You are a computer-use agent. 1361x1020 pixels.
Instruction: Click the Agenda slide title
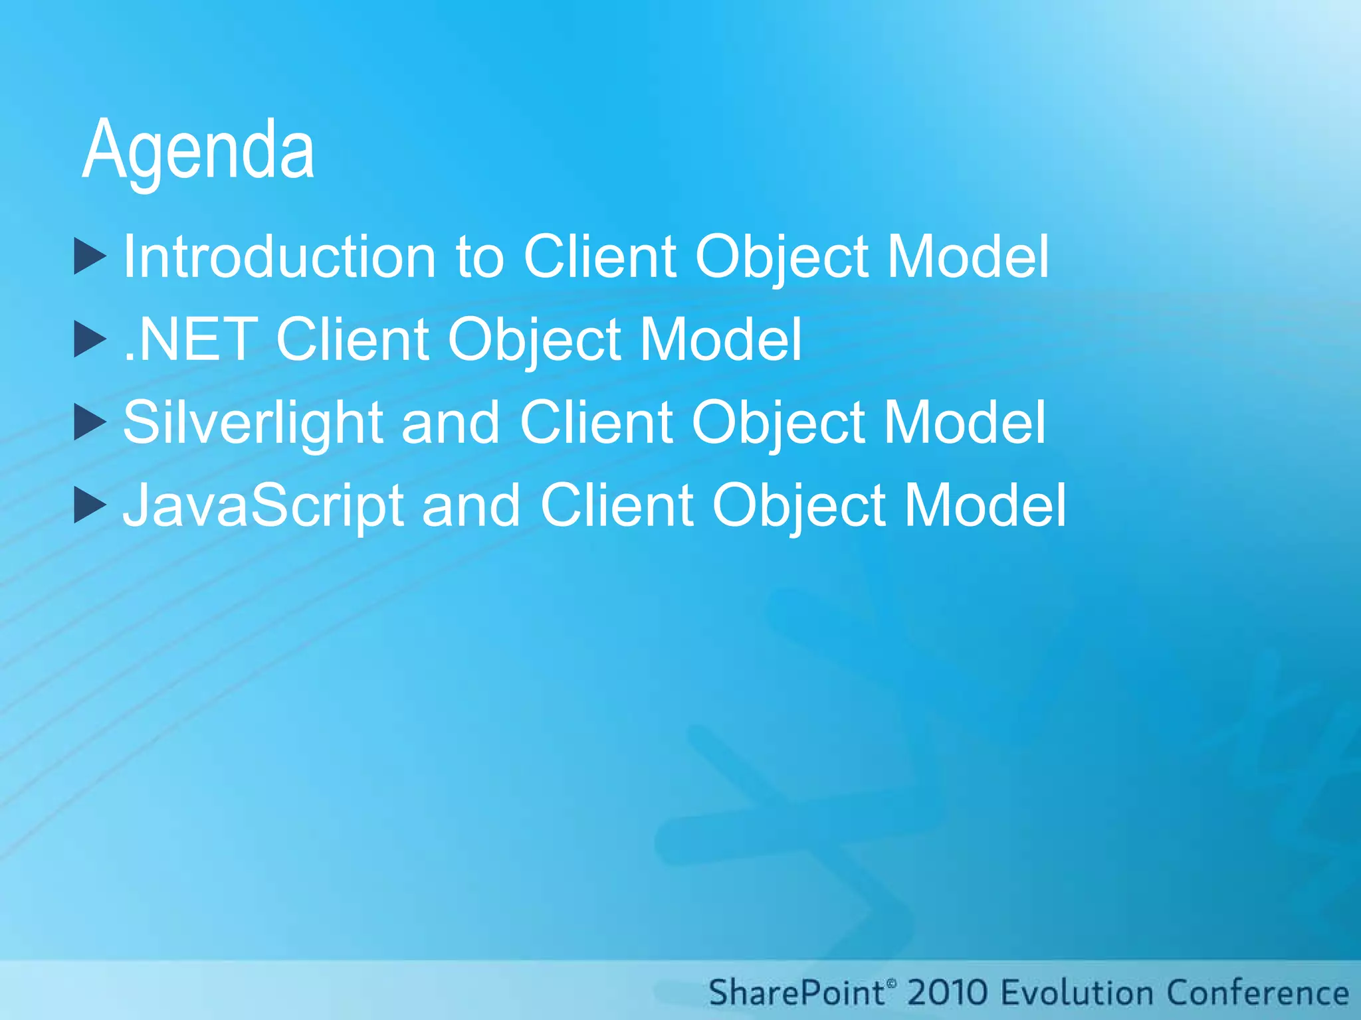[198, 150]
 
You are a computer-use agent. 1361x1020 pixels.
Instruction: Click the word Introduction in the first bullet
[280, 257]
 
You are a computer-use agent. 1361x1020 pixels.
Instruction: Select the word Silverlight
[253, 423]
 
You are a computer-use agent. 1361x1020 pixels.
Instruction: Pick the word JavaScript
[263, 506]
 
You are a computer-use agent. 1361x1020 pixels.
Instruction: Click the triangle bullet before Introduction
[89, 256]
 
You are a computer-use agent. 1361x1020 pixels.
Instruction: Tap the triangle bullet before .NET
[89, 339]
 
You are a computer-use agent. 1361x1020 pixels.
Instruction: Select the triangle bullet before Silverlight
[89, 422]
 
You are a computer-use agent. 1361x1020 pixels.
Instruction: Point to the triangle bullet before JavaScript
[89, 505]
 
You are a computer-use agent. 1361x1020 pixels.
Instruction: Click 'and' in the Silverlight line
[451, 423]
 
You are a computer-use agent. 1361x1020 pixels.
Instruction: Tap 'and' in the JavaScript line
[471, 506]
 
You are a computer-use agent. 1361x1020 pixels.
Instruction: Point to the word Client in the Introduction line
[600, 257]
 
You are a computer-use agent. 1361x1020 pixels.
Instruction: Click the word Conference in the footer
[1258, 993]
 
